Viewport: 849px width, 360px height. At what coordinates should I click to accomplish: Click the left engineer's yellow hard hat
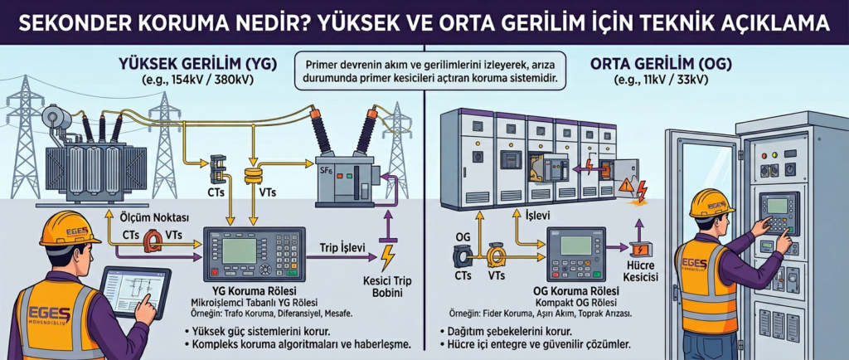coord(68,229)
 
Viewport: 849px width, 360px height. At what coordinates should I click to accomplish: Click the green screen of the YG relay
coord(239,250)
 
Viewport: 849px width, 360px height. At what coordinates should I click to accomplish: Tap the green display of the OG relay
coord(575,246)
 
